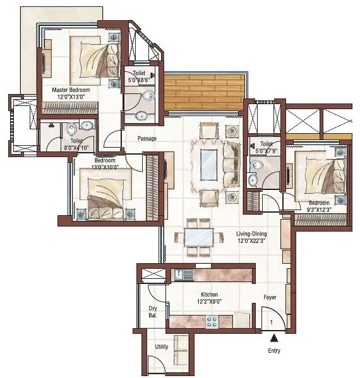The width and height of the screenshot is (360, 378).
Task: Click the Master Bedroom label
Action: (71, 91)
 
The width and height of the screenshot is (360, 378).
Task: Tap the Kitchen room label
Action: (209, 295)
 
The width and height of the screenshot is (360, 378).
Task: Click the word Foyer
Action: (270, 297)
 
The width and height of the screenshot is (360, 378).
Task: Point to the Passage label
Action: (147, 138)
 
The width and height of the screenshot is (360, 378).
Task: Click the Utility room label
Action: (162, 347)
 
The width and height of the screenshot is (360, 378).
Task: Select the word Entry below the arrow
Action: (273, 351)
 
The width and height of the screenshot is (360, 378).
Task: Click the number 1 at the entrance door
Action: (271, 322)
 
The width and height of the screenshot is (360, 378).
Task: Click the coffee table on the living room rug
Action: (208, 165)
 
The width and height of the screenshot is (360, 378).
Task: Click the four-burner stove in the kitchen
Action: (212, 321)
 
